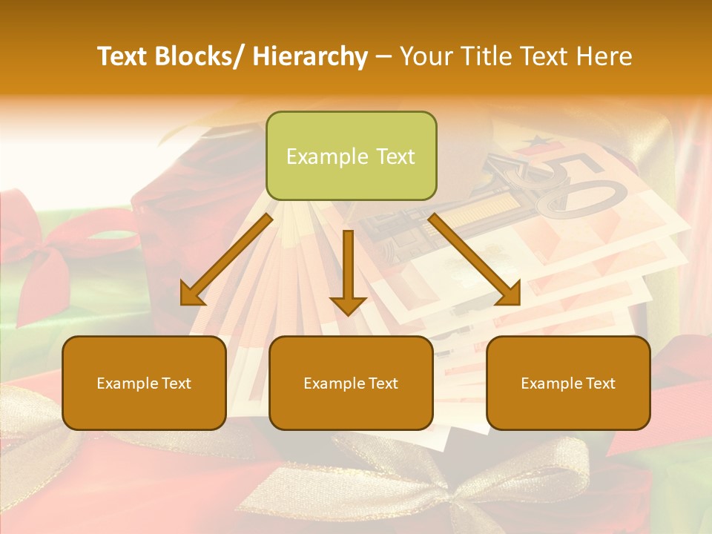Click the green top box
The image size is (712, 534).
point(351,156)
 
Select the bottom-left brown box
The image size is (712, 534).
point(144,383)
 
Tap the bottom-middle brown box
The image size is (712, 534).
point(351,383)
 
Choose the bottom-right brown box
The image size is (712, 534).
point(568,383)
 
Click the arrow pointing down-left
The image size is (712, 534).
point(226,260)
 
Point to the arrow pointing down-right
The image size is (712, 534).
point(475,260)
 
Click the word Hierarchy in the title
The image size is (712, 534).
point(310,56)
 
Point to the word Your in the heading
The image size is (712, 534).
point(425,56)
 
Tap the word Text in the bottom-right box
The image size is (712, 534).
point(599,383)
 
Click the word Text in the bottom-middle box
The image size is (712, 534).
point(382,383)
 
